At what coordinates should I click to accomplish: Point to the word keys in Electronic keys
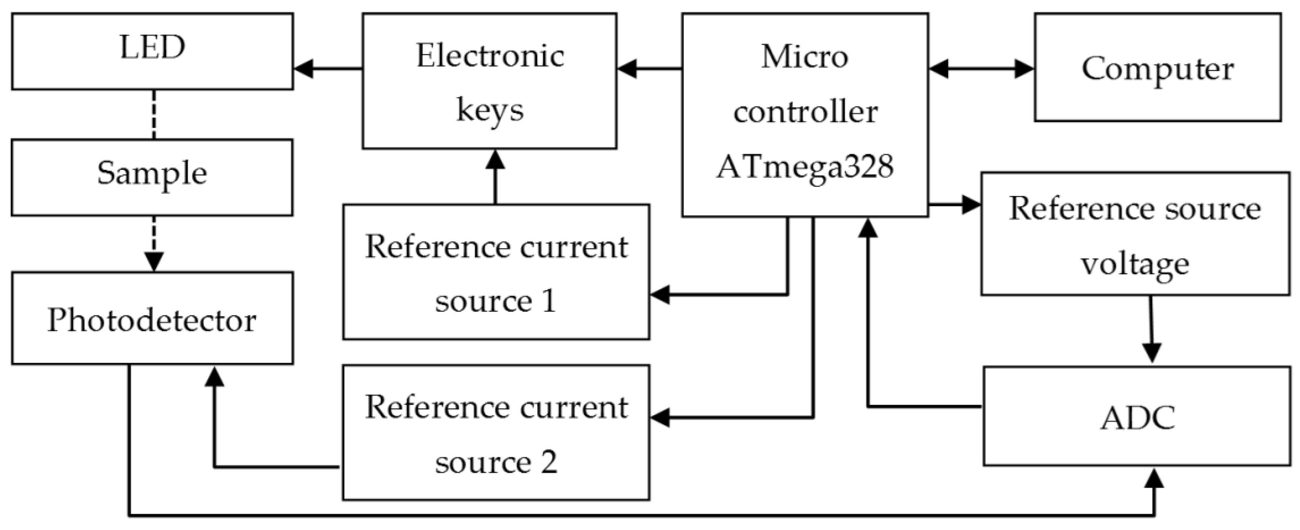489,110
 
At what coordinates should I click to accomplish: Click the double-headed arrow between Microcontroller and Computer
981,69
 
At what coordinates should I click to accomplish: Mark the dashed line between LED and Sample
154,114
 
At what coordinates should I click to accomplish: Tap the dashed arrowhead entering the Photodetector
154,261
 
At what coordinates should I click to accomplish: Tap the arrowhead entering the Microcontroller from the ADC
868,228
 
